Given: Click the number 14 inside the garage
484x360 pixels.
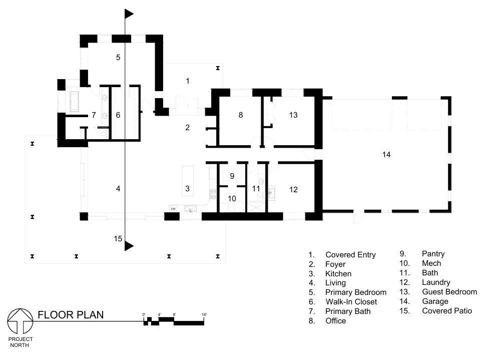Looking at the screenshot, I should coord(386,155).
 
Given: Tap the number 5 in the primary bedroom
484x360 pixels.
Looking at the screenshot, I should coord(118,58).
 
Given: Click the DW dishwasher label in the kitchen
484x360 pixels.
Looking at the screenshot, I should coord(173,208).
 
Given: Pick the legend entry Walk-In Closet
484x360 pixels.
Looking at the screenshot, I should coord(350,301).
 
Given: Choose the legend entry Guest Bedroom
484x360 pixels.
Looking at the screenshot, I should coord(449,292).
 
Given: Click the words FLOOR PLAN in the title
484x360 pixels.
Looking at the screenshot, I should coord(71,315).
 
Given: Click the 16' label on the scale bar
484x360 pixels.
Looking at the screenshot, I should coord(204,314).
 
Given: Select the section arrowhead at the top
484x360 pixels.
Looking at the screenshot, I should coord(130,14).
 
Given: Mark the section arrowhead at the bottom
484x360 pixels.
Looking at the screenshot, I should coord(130,246).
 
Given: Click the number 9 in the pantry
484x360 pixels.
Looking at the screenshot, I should coord(232,176).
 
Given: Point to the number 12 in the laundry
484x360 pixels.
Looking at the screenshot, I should coord(293,189).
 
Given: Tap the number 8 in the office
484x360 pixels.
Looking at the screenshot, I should coord(240,115).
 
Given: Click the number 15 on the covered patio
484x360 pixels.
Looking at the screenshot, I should coord(118,239).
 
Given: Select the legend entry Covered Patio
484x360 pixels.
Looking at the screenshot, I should coord(446,311).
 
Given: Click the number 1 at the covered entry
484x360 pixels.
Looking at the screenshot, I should coord(188,81).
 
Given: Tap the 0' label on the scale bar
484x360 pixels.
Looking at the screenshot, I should coord(144,314).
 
